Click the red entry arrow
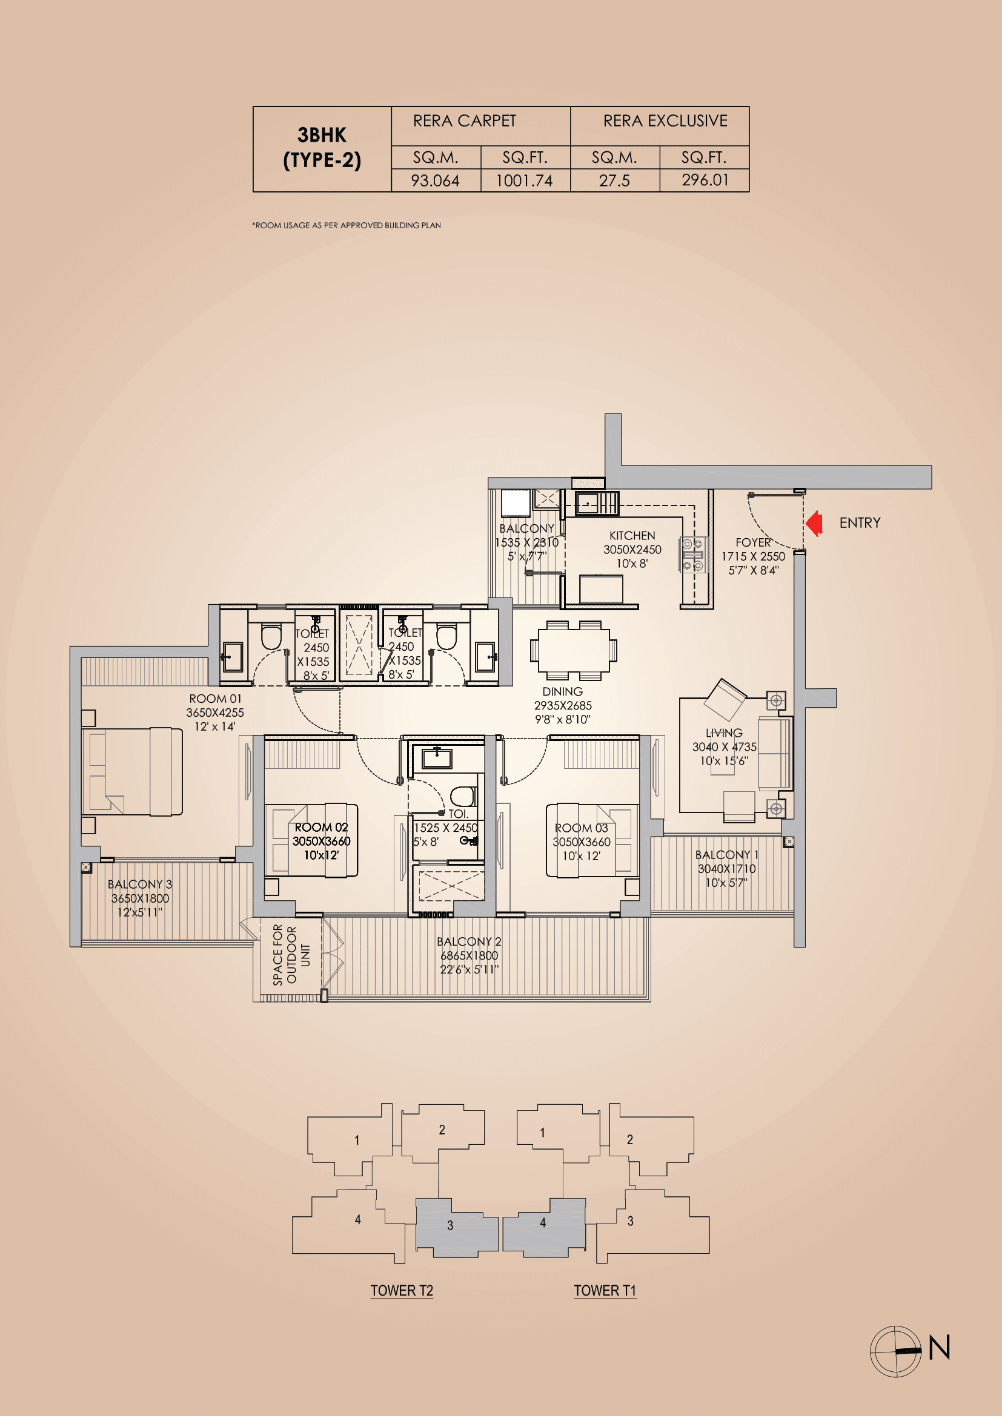(815, 523)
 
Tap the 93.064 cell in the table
(435, 180)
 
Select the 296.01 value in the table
(705, 180)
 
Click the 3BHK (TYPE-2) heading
(322, 148)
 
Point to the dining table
(573, 650)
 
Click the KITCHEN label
(632, 535)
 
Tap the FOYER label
(753, 542)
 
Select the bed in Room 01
(132, 771)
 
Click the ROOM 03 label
(581, 828)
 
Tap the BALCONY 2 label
(469, 941)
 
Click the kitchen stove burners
(692, 555)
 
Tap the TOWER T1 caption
(605, 1290)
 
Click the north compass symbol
(895, 1351)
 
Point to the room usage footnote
(346, 225)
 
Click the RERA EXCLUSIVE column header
(665, 121)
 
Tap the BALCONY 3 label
(139, 884)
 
